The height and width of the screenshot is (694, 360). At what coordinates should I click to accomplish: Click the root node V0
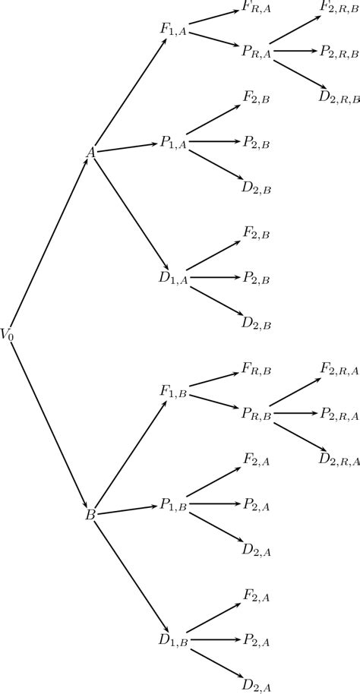[8, 333]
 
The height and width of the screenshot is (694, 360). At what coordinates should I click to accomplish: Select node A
[90, 153]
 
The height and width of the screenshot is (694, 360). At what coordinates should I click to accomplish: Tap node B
[90, 514]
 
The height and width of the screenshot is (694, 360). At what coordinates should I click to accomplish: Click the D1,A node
[173, 278]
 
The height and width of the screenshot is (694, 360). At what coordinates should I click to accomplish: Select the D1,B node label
[173, 640]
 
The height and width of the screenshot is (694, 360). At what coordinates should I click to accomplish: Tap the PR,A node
[256, 51]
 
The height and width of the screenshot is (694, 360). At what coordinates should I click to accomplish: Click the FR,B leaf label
[256, 368]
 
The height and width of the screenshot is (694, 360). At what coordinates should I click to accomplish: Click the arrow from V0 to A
[49, 243]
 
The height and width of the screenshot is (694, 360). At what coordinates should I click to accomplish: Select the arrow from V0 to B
[49, 424]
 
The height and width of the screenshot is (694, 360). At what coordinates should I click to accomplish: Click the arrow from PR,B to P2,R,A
[295, 413]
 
